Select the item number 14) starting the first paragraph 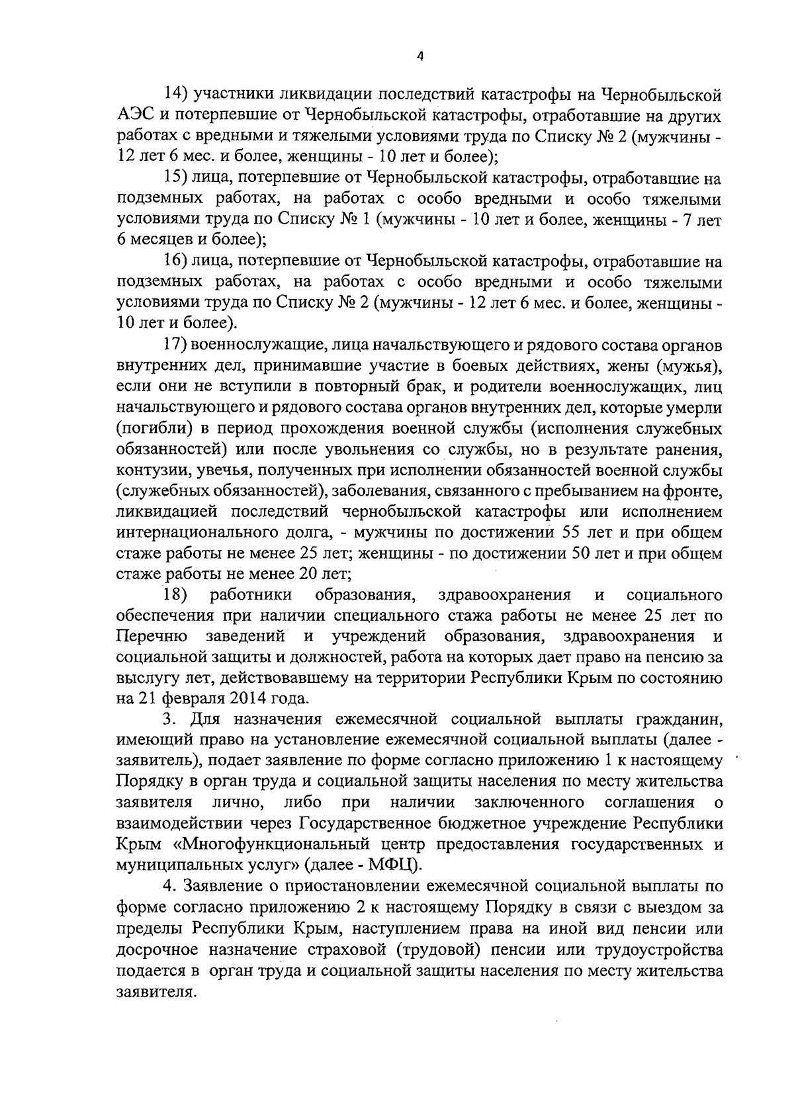[178, 95]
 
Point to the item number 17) [178, 345]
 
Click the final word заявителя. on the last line [157, 992]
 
